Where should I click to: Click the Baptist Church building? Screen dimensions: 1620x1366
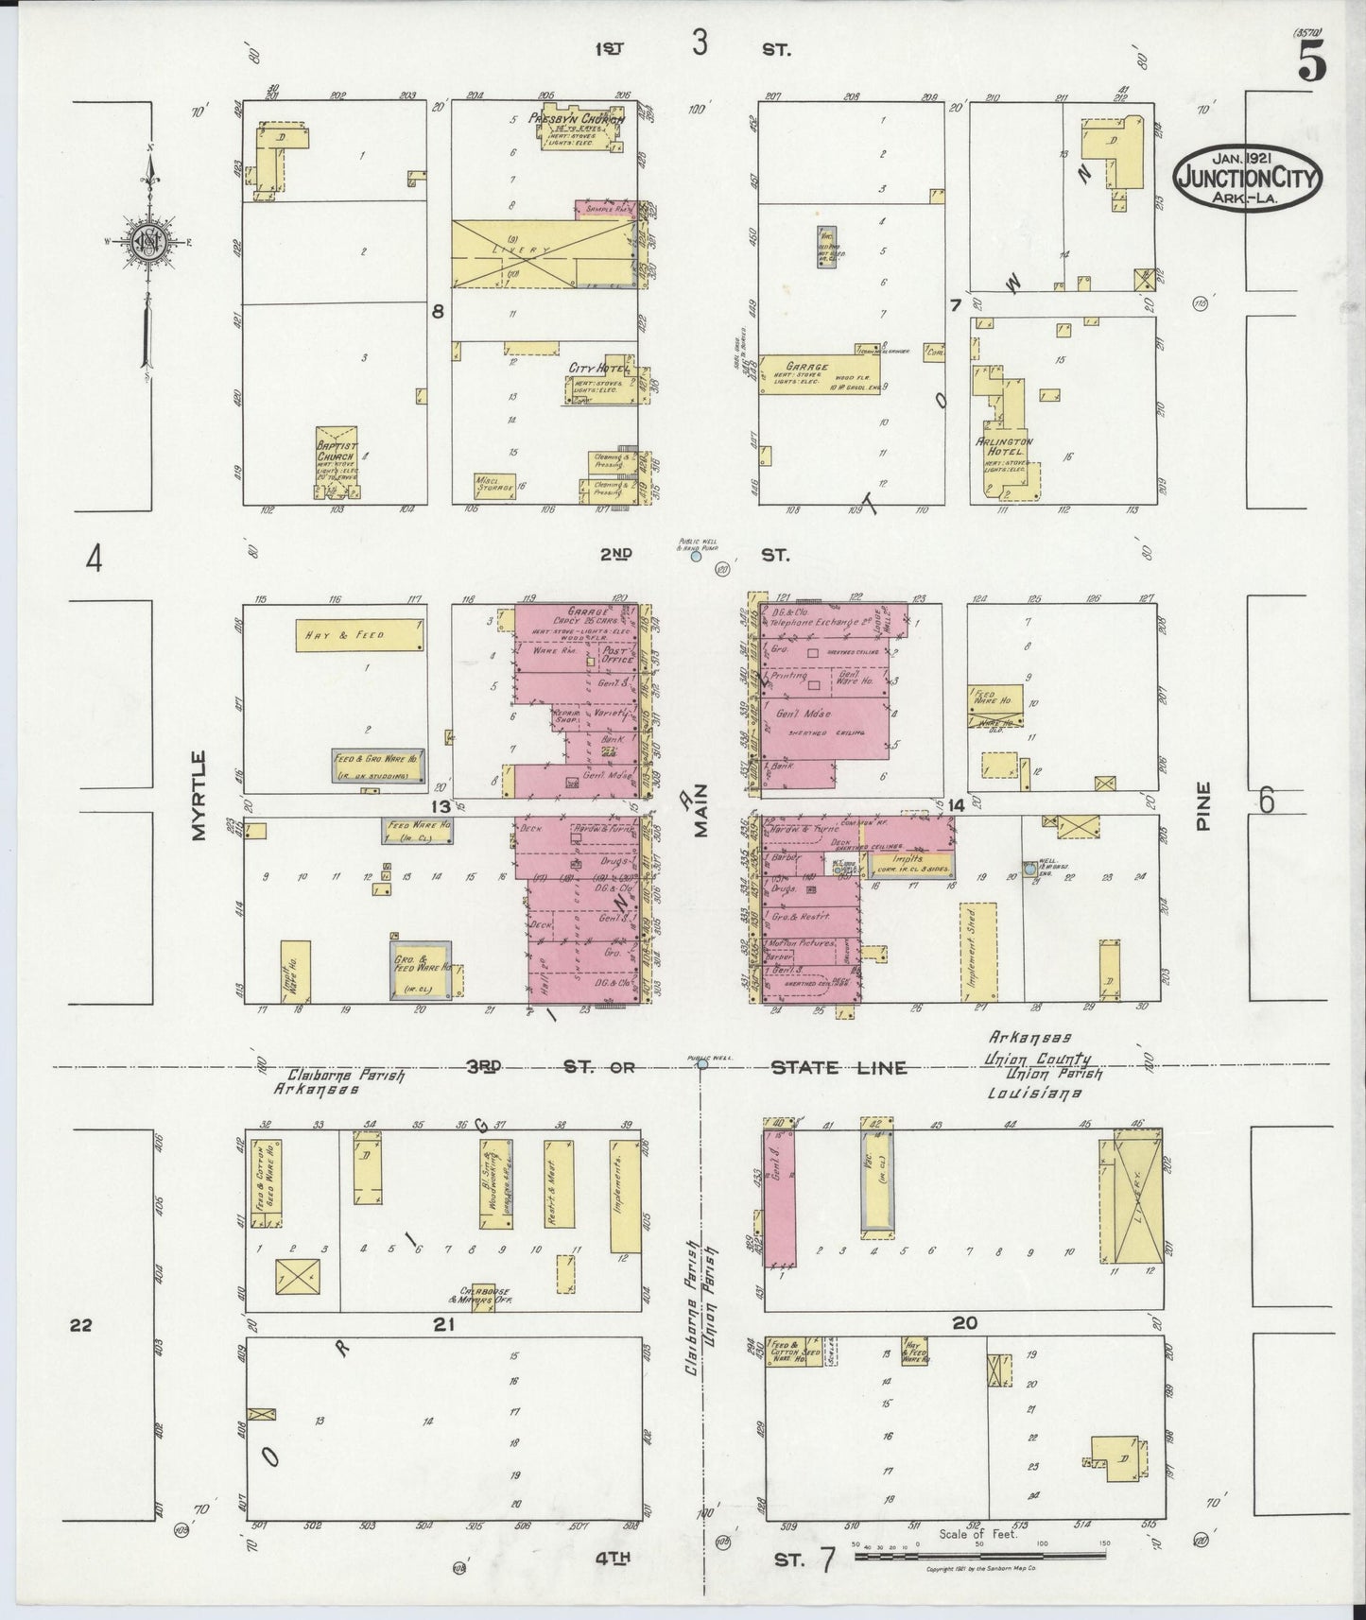tap(336, 462)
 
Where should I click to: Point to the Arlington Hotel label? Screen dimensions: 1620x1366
tap(1005, 446)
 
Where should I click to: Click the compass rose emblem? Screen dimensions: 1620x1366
tap(148, 241)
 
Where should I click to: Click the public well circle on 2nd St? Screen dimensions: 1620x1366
tap(696, 557)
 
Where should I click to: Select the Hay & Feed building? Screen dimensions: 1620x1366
tap(359, 635)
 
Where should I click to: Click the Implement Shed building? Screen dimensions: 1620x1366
tap(978, 953)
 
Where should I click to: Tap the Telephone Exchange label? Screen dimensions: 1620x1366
tap(819, 624)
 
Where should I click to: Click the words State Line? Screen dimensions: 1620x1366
tap(839, 1068)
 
